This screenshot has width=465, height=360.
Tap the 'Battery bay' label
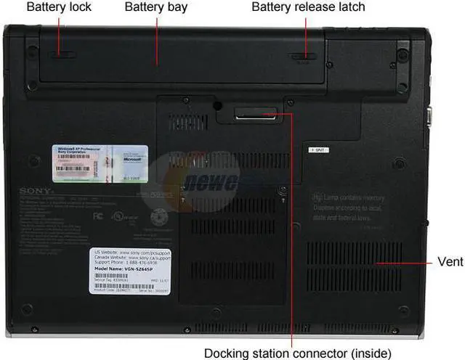tap(156, 7)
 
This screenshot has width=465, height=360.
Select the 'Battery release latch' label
tap(308, 7)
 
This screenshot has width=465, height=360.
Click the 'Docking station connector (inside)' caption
tap(291, 353)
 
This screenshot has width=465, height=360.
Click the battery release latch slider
tap(306, 56)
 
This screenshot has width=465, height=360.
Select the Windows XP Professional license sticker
tap(100, 163)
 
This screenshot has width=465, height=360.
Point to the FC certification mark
tap(98, 216)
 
